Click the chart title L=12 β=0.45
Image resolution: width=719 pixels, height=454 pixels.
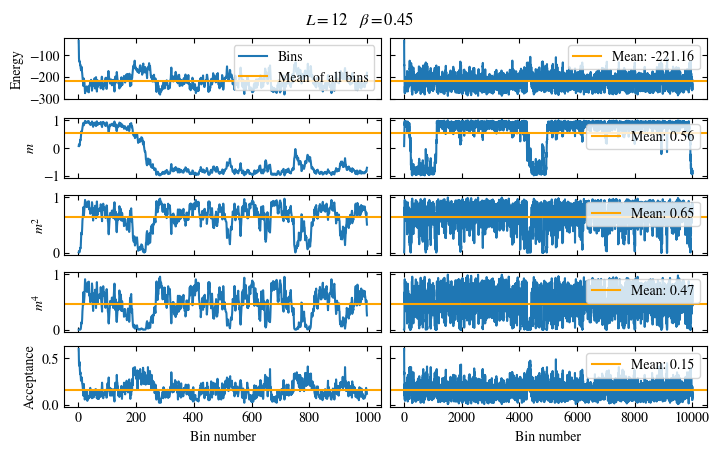pos(359,19)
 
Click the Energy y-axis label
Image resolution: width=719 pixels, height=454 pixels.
pos(16,68)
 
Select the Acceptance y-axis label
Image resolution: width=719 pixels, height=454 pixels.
pos(29,377)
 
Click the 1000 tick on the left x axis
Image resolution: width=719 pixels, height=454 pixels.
pos(369,419)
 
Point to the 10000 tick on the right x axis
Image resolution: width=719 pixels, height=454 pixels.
pos(692,419)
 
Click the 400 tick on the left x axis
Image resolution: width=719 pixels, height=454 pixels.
pos(195,419)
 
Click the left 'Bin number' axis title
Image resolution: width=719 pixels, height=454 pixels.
pos(223,437)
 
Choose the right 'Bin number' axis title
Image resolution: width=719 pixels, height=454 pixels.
pos(548,437)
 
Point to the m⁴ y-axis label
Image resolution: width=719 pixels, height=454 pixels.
pos(29,300)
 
